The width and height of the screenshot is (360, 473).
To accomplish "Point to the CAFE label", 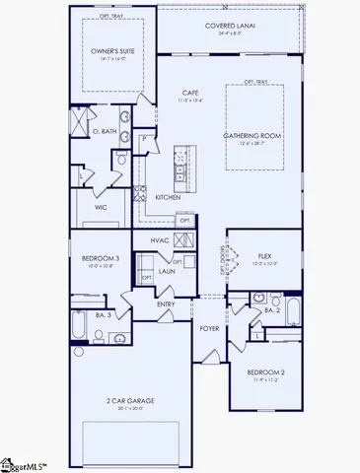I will pos(190,92).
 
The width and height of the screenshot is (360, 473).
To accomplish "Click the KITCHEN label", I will pos(168,197).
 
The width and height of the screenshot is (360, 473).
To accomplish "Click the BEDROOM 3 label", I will pos(99,259).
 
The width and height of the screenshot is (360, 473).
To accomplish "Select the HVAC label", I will pos(161,239).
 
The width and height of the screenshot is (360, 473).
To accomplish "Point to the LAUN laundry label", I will pos(168,269).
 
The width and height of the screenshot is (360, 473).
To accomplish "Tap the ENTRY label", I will pos(166,304).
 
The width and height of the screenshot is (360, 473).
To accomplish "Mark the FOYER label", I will pos(210,328).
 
